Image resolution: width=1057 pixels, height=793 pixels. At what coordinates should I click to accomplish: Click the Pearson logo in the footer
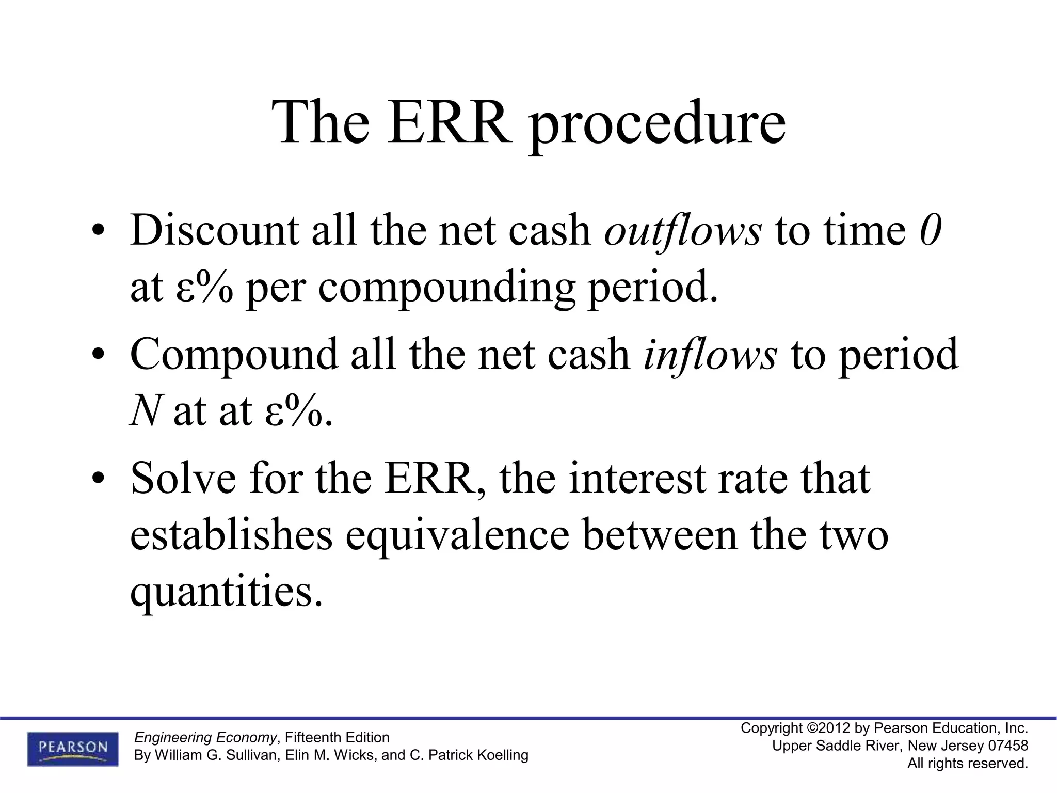[x=73, y=749]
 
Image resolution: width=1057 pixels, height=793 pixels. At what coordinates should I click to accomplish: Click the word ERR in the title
[x=447, y=123]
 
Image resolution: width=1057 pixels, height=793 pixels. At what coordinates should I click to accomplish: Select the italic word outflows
[x=682, y=230]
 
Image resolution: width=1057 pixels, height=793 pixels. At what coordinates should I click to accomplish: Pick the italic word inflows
[x=710, y=354]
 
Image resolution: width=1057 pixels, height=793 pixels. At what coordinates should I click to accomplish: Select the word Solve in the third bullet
[x=183, y=479]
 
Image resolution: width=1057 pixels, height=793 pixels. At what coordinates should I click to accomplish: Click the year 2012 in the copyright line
[x=834, y=728]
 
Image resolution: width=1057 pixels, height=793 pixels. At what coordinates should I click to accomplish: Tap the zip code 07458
[x=1007, y=746]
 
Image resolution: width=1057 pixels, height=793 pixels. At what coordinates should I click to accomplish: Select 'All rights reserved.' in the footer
[x=968, y=764]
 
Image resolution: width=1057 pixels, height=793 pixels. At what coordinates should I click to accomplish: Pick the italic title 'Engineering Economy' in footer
[x=205, y=737]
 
